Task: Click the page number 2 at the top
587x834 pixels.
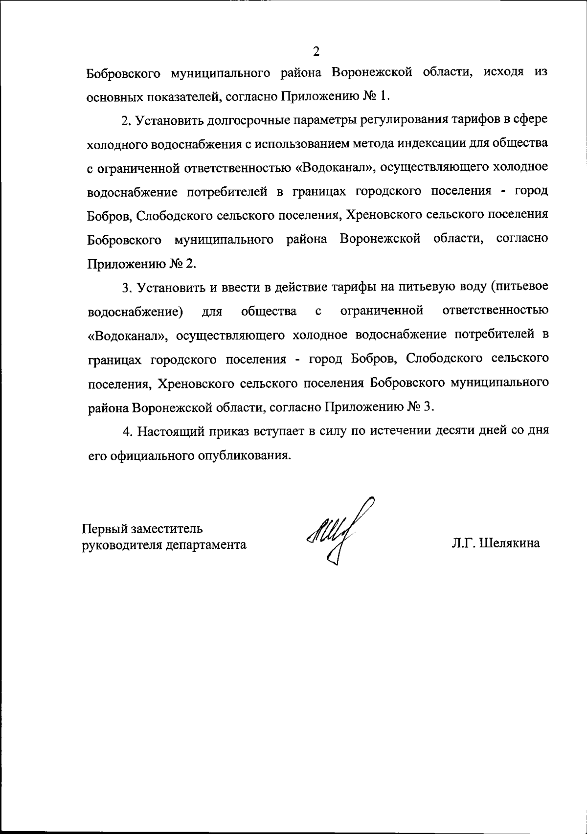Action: [x=316, y=51]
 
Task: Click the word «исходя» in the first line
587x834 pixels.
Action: [x=504, y=72]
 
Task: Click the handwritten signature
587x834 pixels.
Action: [x=338, y=533]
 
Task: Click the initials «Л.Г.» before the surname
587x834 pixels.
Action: [x=464, y=543]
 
